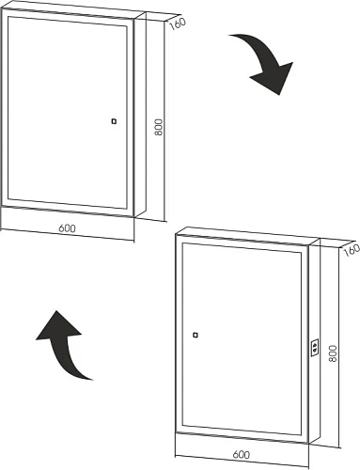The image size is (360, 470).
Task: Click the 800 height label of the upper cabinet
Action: (x=159, y=127)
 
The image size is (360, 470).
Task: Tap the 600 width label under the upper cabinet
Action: (x=68, y=228)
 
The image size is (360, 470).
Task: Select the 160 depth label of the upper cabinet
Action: (x=178, y=23)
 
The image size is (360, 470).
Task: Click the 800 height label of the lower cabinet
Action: (x=333, y=353)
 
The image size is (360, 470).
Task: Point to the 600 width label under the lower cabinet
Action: (x=242, y=454)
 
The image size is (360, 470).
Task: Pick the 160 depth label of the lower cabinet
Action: (x=352, y=250)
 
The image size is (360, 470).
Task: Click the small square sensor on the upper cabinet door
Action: (x=114, y=121)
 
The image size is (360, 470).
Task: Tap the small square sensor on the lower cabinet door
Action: (x=196, y=335)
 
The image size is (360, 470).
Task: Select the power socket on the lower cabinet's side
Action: (x=315, y=347)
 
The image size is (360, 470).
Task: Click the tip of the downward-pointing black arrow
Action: (x=278, y=95)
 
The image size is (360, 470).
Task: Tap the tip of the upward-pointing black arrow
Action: (x=56, y=311)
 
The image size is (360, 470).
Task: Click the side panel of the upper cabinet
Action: (x=140, y=115)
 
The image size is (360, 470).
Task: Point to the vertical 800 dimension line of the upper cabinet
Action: (x=164, y=120)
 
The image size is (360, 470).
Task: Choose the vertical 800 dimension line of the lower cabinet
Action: (x=338, y=347)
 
